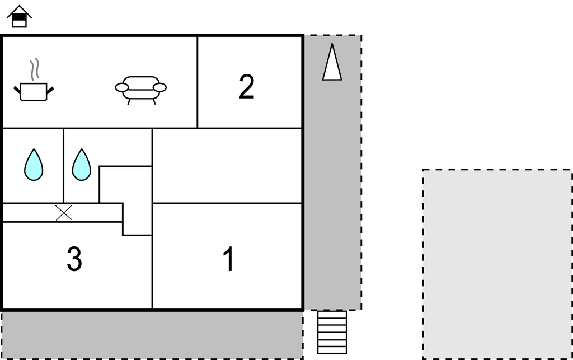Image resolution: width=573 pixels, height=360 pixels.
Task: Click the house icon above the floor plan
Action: tap(20, 16)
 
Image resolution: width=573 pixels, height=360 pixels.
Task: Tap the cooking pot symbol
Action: tap(34, 92)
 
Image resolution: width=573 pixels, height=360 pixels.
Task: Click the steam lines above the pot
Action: tap(34, 69)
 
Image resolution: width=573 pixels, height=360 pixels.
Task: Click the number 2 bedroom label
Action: tap(247, 87)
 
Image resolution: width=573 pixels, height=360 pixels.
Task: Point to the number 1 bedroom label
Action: tap(229, 259)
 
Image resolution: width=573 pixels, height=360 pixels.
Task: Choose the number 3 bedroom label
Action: tap(74, 259)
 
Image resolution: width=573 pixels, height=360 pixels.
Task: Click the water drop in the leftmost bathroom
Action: tap(34, 165)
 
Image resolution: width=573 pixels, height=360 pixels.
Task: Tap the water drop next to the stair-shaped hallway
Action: tap(82, 165)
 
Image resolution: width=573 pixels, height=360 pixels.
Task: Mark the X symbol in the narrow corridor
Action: tap(64, 213)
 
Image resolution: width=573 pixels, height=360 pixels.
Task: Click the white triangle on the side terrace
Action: tap(332, 62)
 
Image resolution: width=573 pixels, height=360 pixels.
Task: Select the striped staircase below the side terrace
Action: tap(332, 332)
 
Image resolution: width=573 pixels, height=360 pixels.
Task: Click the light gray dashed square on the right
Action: tap(497, 264)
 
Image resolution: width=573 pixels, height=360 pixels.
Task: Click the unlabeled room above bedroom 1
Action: tap(227, 166)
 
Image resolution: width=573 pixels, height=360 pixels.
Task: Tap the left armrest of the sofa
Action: tap(121, 88)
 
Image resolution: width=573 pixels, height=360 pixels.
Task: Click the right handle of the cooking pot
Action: tap(50, 90)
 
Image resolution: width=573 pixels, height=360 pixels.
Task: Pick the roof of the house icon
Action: tap(20, 12)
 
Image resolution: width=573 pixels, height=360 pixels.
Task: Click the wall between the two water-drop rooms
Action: tap(64, 166)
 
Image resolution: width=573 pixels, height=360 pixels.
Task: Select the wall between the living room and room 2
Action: tap(198, 82)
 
